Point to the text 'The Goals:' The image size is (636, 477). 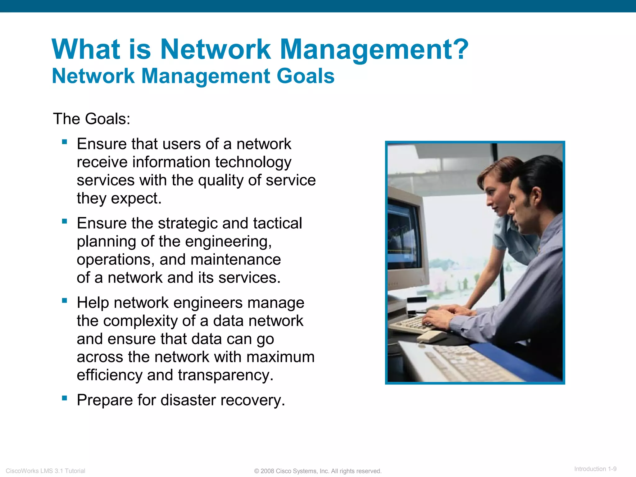[x=92, y=119]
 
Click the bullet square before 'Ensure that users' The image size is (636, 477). [x=65, y=142]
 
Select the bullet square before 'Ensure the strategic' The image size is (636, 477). [x=65, y=221]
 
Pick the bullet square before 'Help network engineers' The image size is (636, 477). [x=65, y=301]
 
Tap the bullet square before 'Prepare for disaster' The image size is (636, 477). [x=65, y=398]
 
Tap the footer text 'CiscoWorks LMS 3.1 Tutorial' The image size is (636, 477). [x=45, y=471]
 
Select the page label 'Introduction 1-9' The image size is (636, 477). [x=595, y=469]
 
